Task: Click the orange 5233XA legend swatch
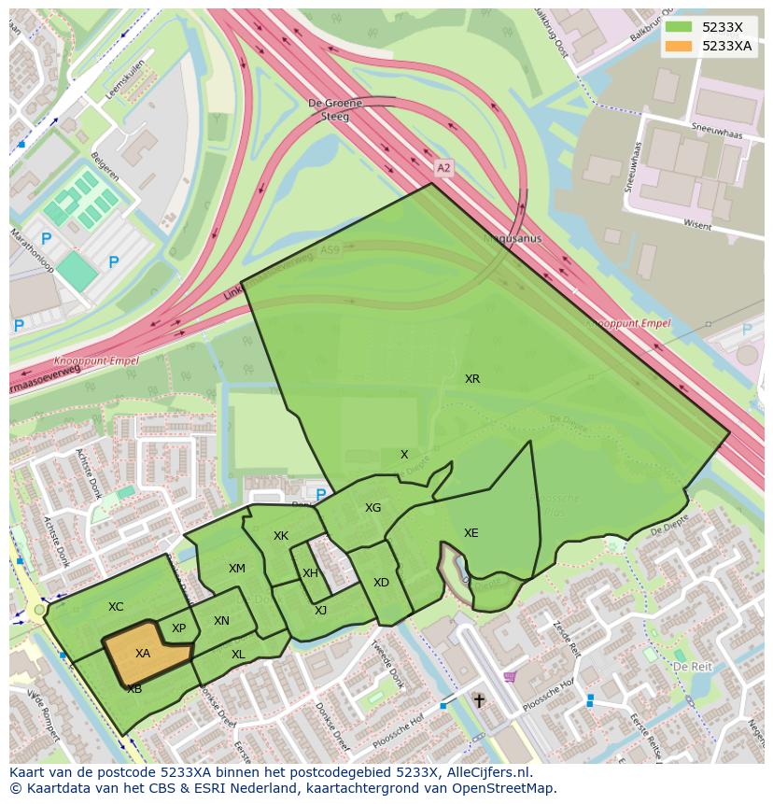pos(680,46)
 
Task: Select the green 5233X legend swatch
pos(680,27)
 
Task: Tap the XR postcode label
pos(472,379)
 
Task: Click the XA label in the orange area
pos(143,654)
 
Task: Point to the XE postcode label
pos(471,533)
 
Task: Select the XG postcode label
pos(372,508)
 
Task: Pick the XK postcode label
pos(281,536)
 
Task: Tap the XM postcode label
pos(237,569)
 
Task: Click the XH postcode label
pos(310,573)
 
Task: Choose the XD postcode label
pos(381,583)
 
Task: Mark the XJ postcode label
pos(320,611)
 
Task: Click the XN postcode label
pos(221,621)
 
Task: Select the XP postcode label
pos(178,628)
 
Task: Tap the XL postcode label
pos(238,655)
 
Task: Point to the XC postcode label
pos(116,607)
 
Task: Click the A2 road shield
pos(443,168)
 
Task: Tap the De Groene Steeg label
pos(329,109)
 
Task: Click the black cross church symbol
pos(479,699)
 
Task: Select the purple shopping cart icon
pos(509,676)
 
